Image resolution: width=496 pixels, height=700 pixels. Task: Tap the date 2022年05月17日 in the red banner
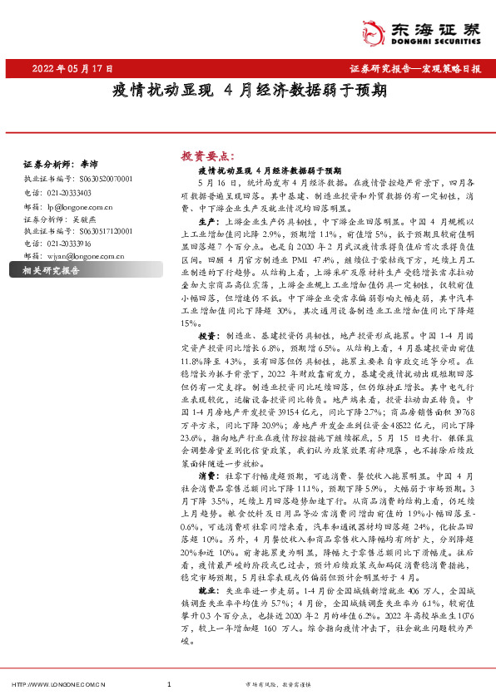[x=72, y=69]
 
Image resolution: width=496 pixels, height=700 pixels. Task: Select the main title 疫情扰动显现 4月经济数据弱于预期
[x=248, y=90]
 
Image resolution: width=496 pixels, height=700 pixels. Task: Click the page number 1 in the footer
[x=169, y=685]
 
